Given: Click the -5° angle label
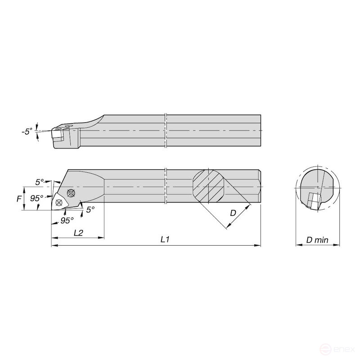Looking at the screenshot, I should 27,131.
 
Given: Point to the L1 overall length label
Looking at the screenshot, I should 165,239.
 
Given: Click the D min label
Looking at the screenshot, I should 317,240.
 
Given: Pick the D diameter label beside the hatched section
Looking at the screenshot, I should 233,213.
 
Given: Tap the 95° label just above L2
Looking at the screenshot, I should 67,220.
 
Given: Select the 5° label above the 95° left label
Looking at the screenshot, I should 40,182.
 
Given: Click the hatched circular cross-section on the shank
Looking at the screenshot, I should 208,185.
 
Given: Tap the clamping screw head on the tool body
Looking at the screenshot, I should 71,193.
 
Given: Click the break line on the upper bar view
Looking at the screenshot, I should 166,130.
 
